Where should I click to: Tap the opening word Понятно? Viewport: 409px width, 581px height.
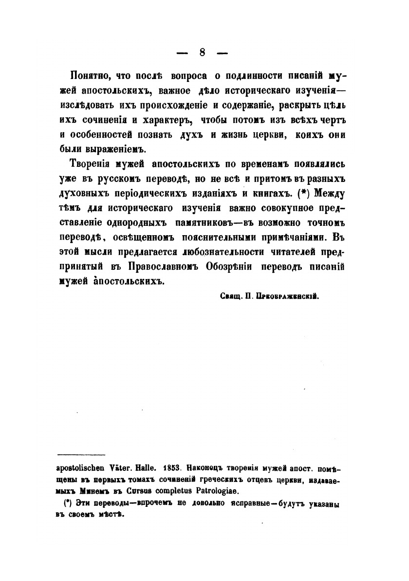click(89, 77)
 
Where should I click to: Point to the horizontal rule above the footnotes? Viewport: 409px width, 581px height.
click(81, 455)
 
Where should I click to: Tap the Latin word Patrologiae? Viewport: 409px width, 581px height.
click(210, 491)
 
